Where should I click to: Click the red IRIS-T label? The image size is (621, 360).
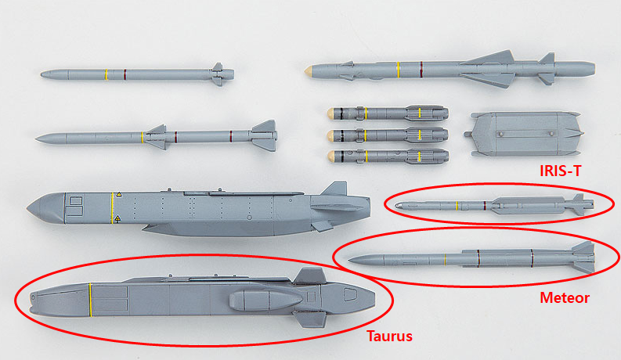[561, 171]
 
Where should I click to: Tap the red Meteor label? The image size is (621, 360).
[565, 297]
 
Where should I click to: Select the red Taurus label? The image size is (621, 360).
[390, 336]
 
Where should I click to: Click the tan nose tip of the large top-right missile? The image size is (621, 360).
[307, 71]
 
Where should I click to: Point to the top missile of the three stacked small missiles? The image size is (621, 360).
[388, 113]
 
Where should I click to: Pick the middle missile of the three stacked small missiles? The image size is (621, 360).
[388, 135]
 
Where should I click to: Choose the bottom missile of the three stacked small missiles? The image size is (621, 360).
[388, 157]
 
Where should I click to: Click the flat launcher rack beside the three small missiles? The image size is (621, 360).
[524, 134]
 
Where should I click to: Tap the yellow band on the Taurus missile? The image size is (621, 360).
[90, 300]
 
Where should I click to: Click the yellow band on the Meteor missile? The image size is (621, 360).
[445, 260]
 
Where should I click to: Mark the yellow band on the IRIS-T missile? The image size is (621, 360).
[457, 206]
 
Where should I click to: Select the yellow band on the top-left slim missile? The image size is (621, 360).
[107, 74]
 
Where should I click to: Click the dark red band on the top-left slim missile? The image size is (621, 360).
[125, 74]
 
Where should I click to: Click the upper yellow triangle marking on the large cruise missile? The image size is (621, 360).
[118, 195]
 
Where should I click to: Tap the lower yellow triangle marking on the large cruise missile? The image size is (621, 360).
[117, 218]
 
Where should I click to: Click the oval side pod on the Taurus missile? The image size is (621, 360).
[265, 300]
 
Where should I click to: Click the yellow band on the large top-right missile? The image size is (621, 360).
[398, 70]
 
